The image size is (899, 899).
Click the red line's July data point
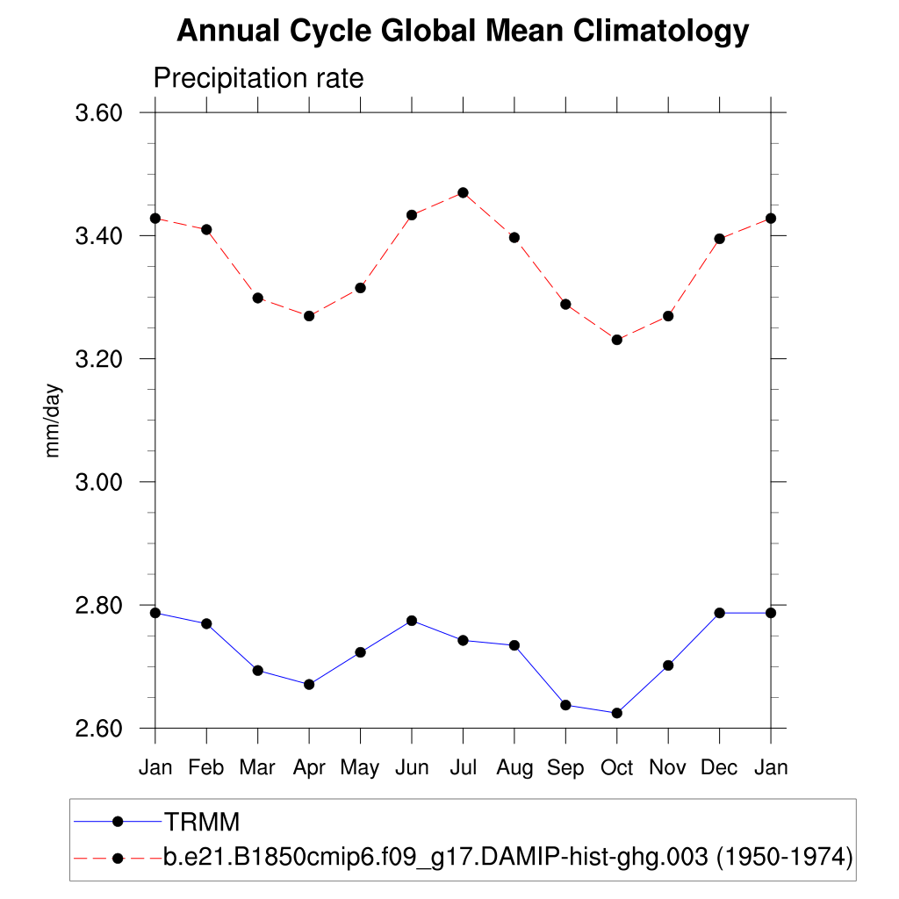[463, 192]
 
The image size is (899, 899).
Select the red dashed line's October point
[617, 340]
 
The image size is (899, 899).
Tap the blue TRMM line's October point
[617, 713]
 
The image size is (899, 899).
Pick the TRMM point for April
[309, 684]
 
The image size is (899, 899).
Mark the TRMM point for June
[412, 621]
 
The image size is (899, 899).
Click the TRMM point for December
[720, 613]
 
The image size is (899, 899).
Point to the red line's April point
[309, 315]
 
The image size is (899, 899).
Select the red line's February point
[206, 229]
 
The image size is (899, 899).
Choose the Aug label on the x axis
[514, 768]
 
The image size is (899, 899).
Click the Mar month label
[257, 768]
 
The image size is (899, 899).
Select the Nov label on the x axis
[668, 768]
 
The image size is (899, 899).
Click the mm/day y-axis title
[54, 420]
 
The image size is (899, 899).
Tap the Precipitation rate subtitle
[258, 78]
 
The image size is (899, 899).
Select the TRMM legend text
[202, 822]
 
